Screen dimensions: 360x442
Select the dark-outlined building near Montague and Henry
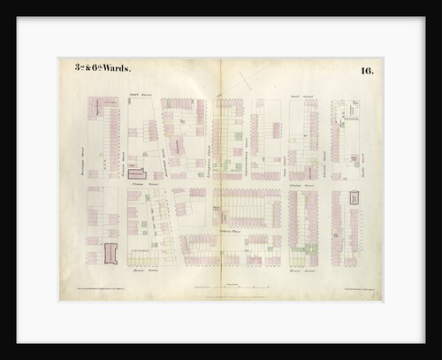pos(110,253)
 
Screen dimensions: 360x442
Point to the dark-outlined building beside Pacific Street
pos(354,200)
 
